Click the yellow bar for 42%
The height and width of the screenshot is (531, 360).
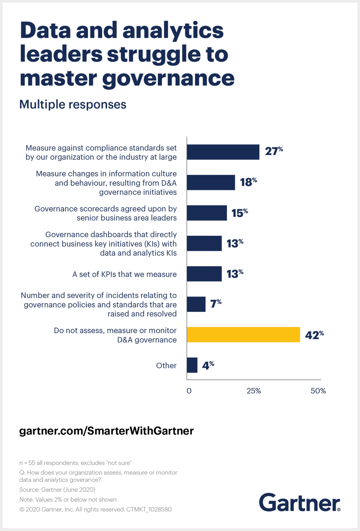pyautogui.click(x=243, y=335)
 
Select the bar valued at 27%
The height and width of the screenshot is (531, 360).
pyautogui.click(x=223, y=152)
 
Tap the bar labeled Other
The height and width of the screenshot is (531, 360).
pyautogui.click(x=192, y=365)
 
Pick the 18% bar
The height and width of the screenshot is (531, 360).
pyautogui.click(x=211, y=182)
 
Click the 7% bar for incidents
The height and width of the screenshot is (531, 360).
pyautogui.click(x=196, y=304)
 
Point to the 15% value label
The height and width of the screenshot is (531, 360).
pyautogui.click(x=240, y=213)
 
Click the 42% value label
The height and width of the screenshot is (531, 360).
pyautogui.click(x=315, y=335)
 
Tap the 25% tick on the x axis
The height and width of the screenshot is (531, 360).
pyautogui.click(x=253, y=391)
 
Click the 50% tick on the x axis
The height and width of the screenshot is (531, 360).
pyautogui.click(x=318, y=391)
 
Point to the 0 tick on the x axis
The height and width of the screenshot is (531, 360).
pyautogui.click(x=189, y=391)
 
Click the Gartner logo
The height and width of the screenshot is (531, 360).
pyautogui.click(x=299, y=503)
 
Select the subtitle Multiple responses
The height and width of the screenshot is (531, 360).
pyautogui.click(x=73, y=104)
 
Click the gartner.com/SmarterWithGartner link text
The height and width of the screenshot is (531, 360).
pyautogui.click(x=107, y=431)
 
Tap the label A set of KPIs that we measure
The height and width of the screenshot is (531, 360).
pyautogui.click(x=124, y=274)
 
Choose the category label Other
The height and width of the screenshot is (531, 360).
pyautogui.click(x=166, y=366)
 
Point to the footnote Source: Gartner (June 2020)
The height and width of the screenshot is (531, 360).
pyautogui.click(x=57, y=490)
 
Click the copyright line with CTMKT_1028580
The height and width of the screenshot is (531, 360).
pyautogui.click(x=96, y=509)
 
